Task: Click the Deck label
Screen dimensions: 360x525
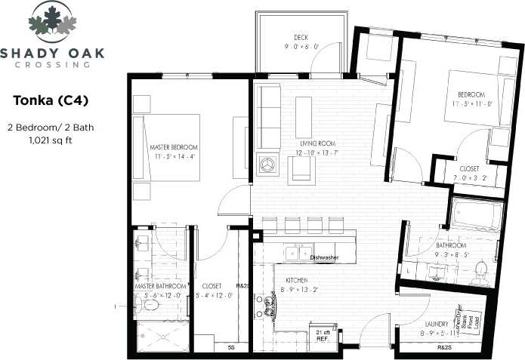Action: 301,38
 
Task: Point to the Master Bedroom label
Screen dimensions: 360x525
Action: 174,146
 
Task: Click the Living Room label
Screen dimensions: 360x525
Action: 315,143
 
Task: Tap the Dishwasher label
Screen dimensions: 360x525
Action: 324,257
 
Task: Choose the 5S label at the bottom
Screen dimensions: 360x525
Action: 230,347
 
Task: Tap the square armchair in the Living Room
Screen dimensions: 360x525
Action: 301,169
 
